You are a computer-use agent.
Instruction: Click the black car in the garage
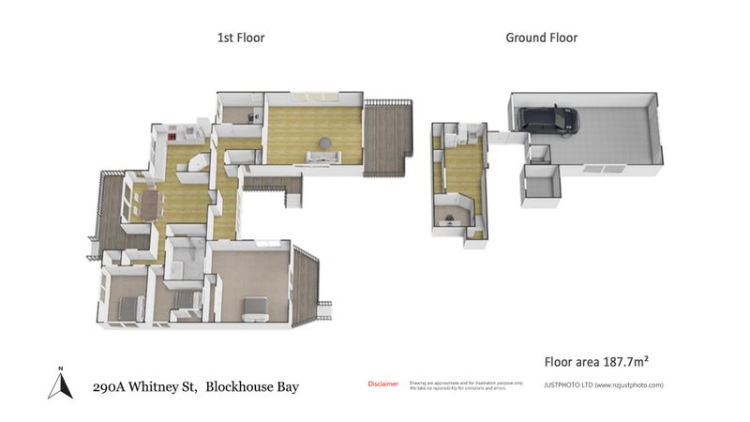pyautogui.click(x=549, y=119)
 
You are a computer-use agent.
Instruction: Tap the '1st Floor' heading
pyautogui.click(x=241, y=38)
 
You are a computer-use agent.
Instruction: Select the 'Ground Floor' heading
pyautogui.click(x=541, y=38)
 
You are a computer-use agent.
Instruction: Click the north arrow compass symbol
pyautogui.click(x=60, y=382)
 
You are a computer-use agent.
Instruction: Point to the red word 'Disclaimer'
pyautogui.click(x=382, y=384)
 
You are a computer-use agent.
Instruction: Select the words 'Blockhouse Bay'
pyautogui.click(x=252, y=386)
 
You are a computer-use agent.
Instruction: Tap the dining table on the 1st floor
pyautogui.click(x=149, y=201)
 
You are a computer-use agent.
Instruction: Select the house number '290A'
pyautogui.click(x=112, y=386)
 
